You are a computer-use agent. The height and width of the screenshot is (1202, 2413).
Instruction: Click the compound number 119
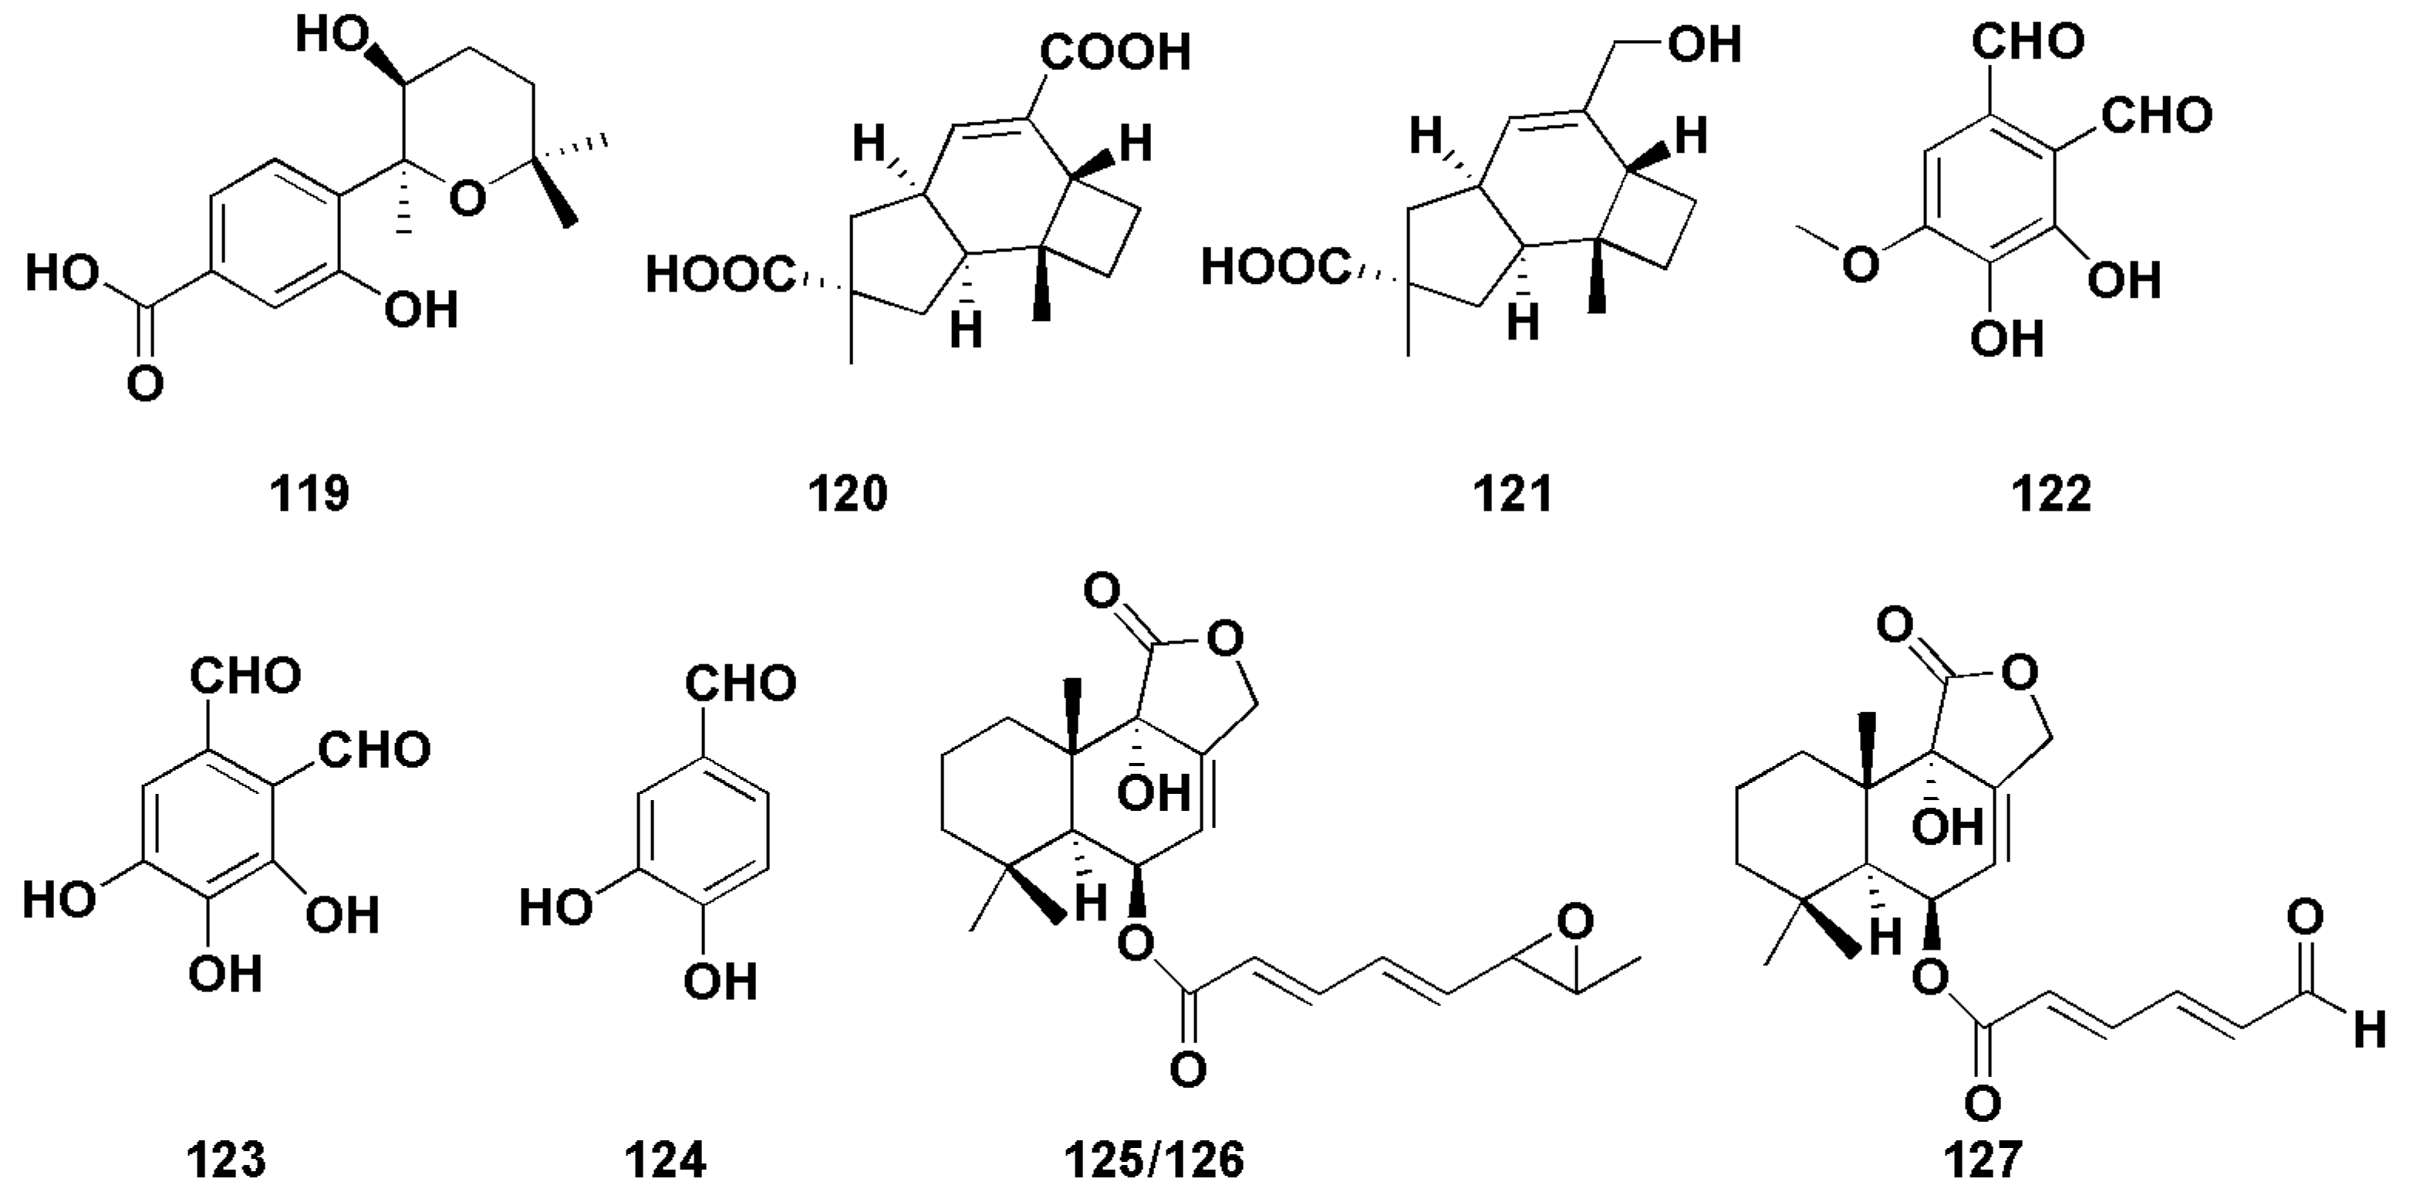[x=310, y=494]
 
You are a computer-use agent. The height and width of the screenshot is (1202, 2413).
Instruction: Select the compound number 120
[x=848, y=494]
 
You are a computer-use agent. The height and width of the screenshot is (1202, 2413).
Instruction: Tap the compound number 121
[x=1513, y=494]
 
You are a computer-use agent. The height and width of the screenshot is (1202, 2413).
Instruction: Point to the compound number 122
[x=2050, y=494]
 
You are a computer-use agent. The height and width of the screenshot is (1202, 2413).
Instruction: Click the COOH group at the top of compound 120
[x=1115, y=52]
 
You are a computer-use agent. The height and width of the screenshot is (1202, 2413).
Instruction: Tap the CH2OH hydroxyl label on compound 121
[x=1704, y=44]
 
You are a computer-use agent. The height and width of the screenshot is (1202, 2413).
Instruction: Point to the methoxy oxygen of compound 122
[x=1859, y=263]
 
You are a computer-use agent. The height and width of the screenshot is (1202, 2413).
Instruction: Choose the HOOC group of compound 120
[x=721, y=275]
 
